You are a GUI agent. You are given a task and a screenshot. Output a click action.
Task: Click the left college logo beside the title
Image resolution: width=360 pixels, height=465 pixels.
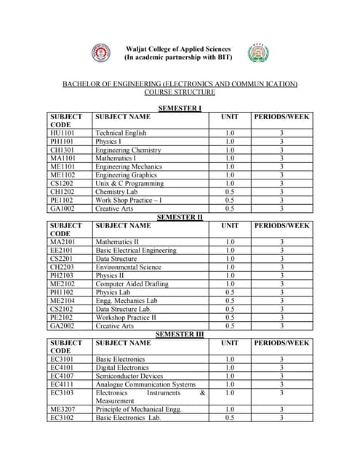[100, 52]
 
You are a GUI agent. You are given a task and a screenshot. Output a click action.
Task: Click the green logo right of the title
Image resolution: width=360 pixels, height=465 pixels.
[259, 52]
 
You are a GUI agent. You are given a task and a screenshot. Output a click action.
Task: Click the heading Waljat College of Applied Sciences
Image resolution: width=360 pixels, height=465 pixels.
[178, 49]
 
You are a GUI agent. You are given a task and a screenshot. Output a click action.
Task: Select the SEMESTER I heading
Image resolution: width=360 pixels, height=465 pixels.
[180, 108]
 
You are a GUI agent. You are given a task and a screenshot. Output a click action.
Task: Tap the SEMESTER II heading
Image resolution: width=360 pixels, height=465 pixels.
[180, 217]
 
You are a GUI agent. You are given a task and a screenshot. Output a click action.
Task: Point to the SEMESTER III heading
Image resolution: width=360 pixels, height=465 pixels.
[180, 333]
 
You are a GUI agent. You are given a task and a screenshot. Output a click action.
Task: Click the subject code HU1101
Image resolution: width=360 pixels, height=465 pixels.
[62, 133]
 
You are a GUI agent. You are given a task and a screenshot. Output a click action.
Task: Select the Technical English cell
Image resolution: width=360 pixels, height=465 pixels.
[121, 133]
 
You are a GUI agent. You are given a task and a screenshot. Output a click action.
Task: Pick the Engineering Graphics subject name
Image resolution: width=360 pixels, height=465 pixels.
[126, 174]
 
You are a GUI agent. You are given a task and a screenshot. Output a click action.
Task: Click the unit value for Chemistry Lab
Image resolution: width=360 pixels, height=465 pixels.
[229, 192]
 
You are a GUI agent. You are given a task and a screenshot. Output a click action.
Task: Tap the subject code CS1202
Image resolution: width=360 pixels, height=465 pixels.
[62, 183]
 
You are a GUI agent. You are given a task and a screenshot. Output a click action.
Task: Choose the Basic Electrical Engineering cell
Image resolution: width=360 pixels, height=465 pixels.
[136, 250]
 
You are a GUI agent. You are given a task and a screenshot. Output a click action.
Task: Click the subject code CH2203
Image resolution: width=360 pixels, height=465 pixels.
[62, 267]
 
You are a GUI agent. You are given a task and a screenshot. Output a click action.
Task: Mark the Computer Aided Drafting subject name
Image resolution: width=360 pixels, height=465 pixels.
[132, 284]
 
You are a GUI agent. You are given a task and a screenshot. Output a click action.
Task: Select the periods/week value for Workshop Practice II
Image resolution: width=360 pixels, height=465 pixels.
[281, 318]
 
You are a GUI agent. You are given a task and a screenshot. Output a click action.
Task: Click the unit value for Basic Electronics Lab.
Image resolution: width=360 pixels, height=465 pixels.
[229, 418]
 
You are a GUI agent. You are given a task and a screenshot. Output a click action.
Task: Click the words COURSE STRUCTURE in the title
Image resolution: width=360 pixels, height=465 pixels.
[180, 93]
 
